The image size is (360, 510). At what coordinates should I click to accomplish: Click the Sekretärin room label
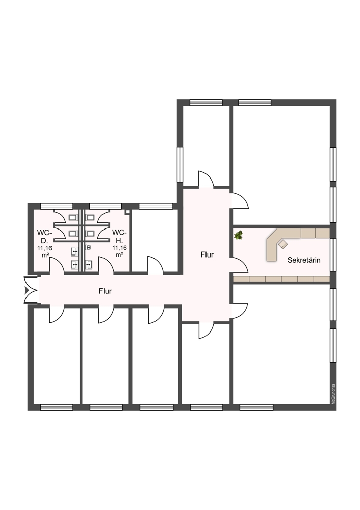point(304,260)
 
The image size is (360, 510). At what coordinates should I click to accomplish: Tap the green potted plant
point(239,235)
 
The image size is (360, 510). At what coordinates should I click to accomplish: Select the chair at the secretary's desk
point(282,244)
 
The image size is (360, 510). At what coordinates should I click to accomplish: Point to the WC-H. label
point(119,237)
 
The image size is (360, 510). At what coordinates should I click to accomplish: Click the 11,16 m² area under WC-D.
point(44,251)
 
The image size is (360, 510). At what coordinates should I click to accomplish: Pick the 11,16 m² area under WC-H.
point(119,251)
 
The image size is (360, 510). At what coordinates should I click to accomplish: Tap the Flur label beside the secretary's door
point(207,255)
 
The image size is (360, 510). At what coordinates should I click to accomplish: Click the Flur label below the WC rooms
point(105,291)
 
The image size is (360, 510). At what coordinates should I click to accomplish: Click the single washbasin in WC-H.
point(89,265)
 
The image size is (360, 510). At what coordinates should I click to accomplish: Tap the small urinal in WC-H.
point(88,248)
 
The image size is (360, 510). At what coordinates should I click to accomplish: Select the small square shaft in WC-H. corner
point(127,212)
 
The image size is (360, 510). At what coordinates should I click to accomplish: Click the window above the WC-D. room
point(57,206)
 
